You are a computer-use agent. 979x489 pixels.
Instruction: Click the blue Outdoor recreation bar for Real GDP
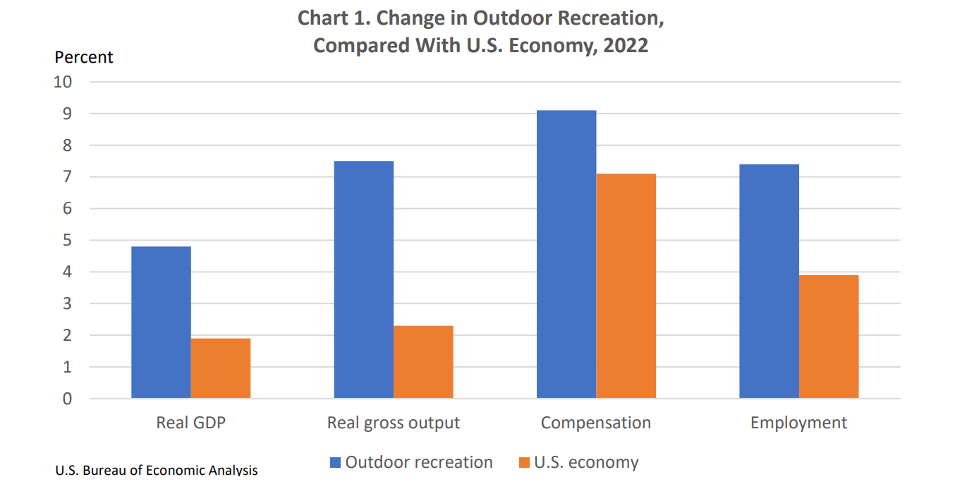(161, 322)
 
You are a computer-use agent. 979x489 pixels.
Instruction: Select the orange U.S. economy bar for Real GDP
(221, 368)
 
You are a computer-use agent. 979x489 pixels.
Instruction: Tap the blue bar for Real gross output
(364, 279)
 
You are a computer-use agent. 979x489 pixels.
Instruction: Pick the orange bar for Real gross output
(423, 362)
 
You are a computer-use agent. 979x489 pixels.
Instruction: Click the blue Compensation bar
(566, 254)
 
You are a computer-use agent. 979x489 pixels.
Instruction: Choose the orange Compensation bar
(626, 286)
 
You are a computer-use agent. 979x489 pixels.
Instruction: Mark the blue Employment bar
(769, 281)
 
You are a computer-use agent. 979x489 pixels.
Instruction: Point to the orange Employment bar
(829, 337)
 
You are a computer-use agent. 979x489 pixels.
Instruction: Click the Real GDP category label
(191, 423)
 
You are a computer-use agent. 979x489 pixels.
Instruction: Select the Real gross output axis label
(394, 423)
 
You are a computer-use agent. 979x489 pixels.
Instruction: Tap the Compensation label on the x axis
(596, 423)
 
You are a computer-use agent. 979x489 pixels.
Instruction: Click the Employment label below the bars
(798, 423)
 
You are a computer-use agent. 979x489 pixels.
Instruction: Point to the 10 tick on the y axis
(63, 82)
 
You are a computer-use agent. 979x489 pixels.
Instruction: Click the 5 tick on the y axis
(67, 241)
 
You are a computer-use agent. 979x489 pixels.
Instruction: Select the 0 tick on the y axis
(67, 399)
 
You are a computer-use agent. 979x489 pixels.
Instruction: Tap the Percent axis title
(84, 57)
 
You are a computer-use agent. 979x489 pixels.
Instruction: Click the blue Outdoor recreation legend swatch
(336, 463)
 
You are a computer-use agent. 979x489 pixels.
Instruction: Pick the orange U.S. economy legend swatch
(524, 463)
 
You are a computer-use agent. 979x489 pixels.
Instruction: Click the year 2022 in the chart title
(626, 46)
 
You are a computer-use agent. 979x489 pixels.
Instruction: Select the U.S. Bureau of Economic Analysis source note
(156, 470)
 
